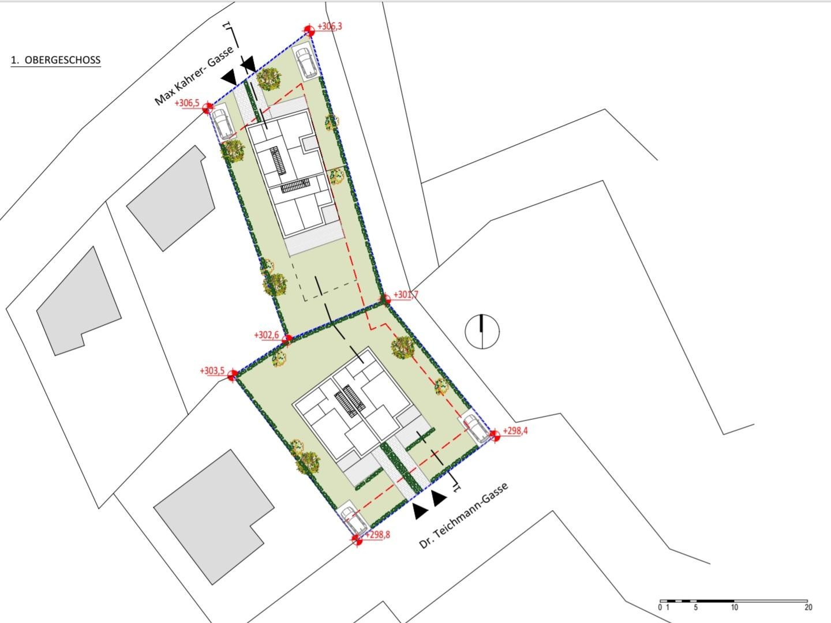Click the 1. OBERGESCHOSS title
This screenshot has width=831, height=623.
click(55, 60)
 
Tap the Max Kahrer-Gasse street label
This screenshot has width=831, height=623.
click(194, 76)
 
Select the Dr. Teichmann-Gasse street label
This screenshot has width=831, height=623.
click(463, 516)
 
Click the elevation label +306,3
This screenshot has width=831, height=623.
click(330, 27)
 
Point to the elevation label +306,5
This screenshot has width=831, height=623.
click(187, 103)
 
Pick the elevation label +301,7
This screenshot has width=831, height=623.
click(406, 294)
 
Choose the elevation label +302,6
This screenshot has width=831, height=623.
click(267, 335)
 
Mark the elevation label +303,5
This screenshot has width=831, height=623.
click(212, 370)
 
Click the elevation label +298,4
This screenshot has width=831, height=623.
click(515, 431)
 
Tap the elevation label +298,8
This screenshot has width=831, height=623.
click(377, 535)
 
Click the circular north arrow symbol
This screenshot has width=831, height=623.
click(482, 331)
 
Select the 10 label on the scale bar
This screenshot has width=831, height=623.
click(734, 607)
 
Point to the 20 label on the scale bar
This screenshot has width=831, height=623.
click(808, 607)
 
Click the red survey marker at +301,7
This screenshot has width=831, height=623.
click(385, 299)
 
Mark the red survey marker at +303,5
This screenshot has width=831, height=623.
click(233, 375)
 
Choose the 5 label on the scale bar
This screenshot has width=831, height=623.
click(696, 607)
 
